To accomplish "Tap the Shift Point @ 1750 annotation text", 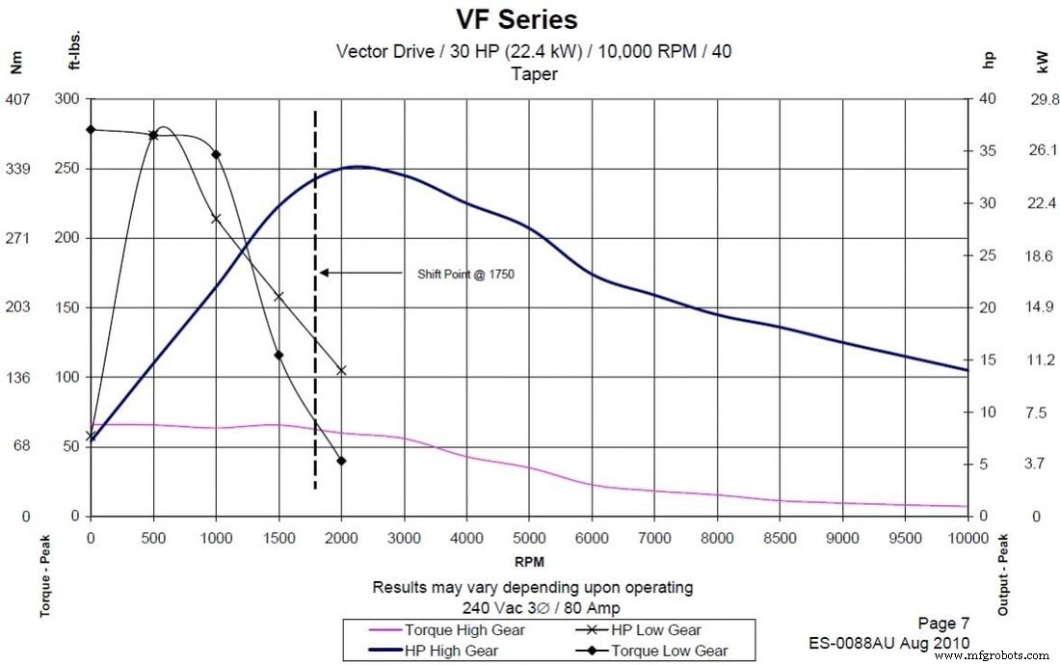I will point(465,274).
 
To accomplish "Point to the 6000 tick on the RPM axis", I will point(592,537).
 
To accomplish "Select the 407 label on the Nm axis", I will point(18,99).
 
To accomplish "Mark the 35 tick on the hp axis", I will point(987,151).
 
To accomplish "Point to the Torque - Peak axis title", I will point(45,575).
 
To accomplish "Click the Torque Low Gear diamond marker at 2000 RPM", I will point(341,461).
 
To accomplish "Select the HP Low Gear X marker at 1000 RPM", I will point(216,219).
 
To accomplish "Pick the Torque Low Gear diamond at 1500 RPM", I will point(278,355).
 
